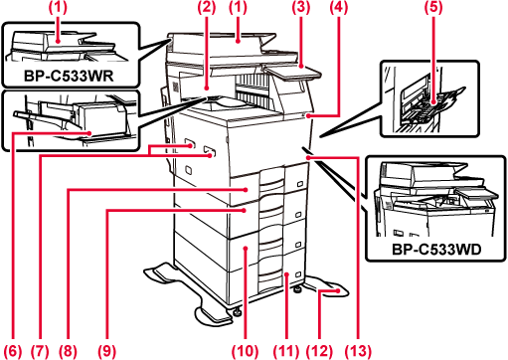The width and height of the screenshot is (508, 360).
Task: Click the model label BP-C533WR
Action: (x=69, y=76)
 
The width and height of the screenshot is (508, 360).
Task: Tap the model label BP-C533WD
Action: (x=436, y=250)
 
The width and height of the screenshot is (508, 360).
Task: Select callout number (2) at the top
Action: (x=207, y=7)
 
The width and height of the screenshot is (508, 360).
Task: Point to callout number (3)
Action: (x=301, y=7)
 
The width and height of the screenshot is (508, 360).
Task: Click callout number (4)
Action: (x=339, y=7)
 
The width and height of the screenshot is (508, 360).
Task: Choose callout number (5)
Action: (x=433, y=7)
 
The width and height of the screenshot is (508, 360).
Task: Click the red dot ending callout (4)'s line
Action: (x=308, y=116)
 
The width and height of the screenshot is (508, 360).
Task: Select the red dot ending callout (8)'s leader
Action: (x=246, y=190)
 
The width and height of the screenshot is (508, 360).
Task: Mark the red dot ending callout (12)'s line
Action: (x=338, y=290)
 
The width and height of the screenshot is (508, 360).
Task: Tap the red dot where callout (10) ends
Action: (x=246, y=248)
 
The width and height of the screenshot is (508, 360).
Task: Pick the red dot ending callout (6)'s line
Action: (x=89, y=133)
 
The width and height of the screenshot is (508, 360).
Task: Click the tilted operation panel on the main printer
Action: (x=293, y=73)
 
